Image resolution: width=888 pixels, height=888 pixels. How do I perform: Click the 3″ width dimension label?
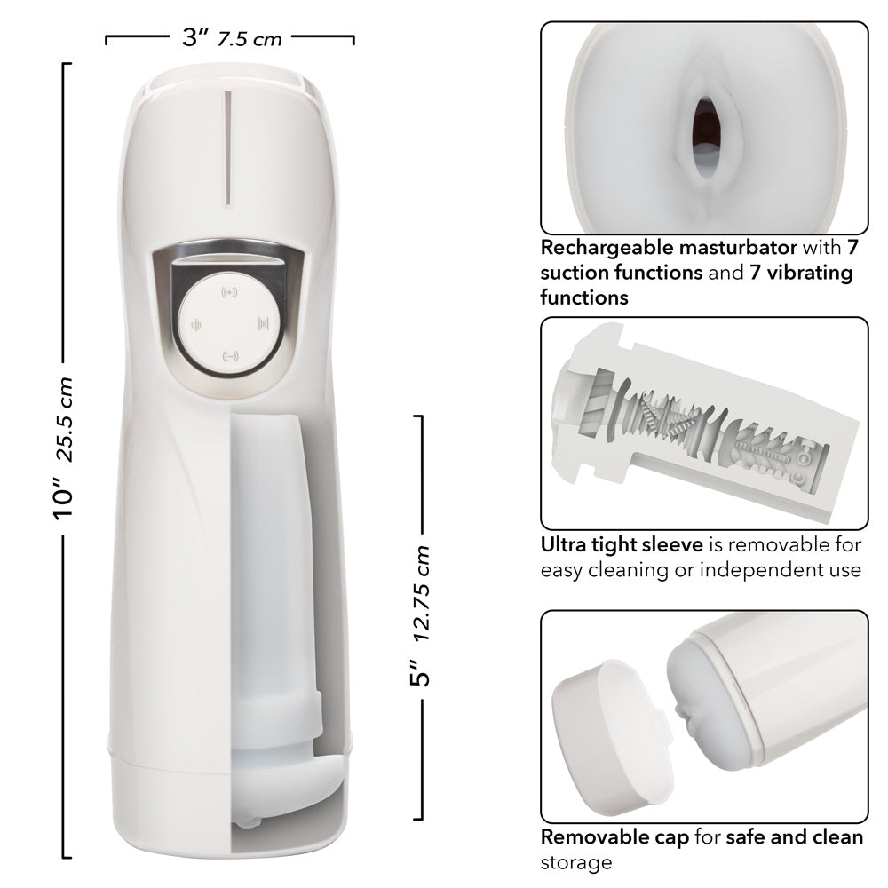coord(194,38)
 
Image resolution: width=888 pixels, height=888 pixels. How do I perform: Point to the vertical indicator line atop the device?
coord(227,147)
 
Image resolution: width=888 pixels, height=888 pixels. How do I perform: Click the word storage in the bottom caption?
coord(576,861)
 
